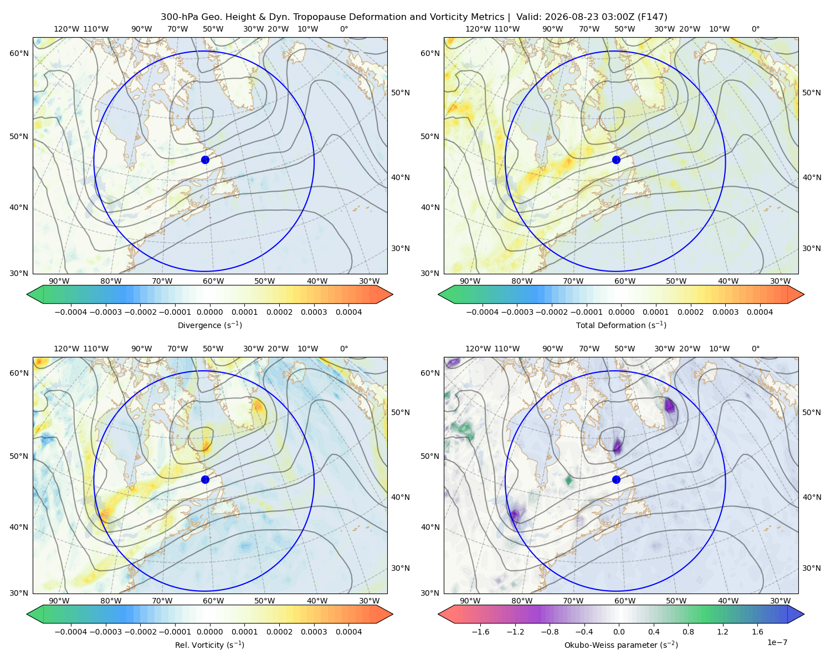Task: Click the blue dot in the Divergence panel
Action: [x=205, y=160]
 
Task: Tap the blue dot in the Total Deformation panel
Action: [x=616, y=160]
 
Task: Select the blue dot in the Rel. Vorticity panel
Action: [x=205, y=479]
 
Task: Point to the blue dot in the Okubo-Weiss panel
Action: [x=616, y=479]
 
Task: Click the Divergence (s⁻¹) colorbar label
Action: [x=209, y=325]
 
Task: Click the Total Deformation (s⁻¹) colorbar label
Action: [x=621, y=325]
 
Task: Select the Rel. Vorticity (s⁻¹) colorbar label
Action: [x=209, y=645]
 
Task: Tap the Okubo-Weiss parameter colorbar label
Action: [x=621, y=645]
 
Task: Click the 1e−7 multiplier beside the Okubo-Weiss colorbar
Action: [x=777, y=642]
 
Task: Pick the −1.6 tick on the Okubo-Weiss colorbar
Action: [x=480, y=632]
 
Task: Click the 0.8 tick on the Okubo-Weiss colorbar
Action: [x=688, y=632]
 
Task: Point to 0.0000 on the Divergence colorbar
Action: [x=209, y=312]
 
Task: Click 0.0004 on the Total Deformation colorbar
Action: [x=760, y=312]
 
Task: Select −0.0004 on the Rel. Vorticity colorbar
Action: [x=71, y=632]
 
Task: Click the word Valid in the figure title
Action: [x=526, y=17]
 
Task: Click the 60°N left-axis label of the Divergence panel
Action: [x=19, y=53]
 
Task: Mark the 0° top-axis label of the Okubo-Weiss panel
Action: [x=755, y=349]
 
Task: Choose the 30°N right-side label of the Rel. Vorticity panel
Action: [x=401, y=568]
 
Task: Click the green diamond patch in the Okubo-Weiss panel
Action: [x=568, y=480]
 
